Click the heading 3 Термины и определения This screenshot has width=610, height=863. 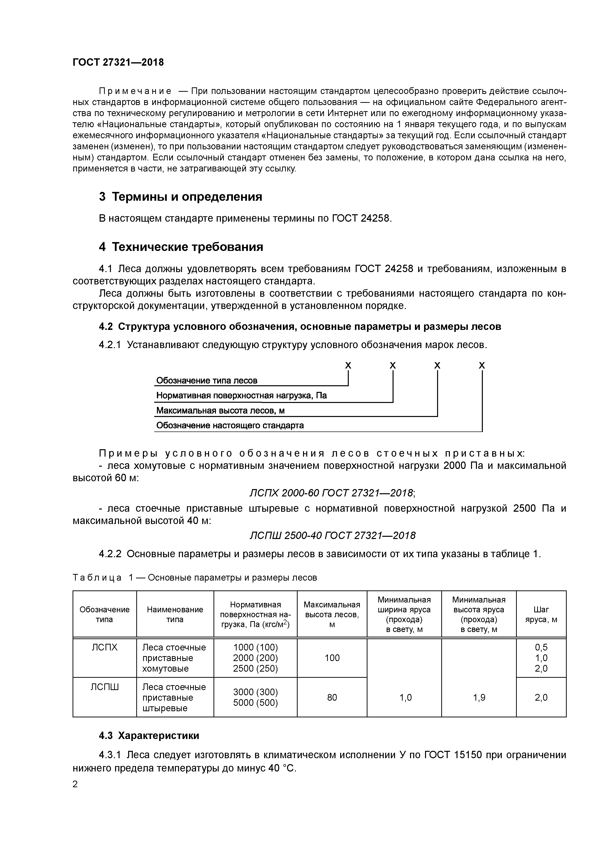tap(180, 197)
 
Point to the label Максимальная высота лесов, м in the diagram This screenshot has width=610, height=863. tap(220, 410)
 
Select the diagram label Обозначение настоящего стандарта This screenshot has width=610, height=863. tap(230, 426)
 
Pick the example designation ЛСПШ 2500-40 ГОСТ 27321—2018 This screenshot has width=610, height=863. tap(333, 535)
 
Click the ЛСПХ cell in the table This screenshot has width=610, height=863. tap(105, 647)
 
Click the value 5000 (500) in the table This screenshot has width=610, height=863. tap(255, 703)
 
